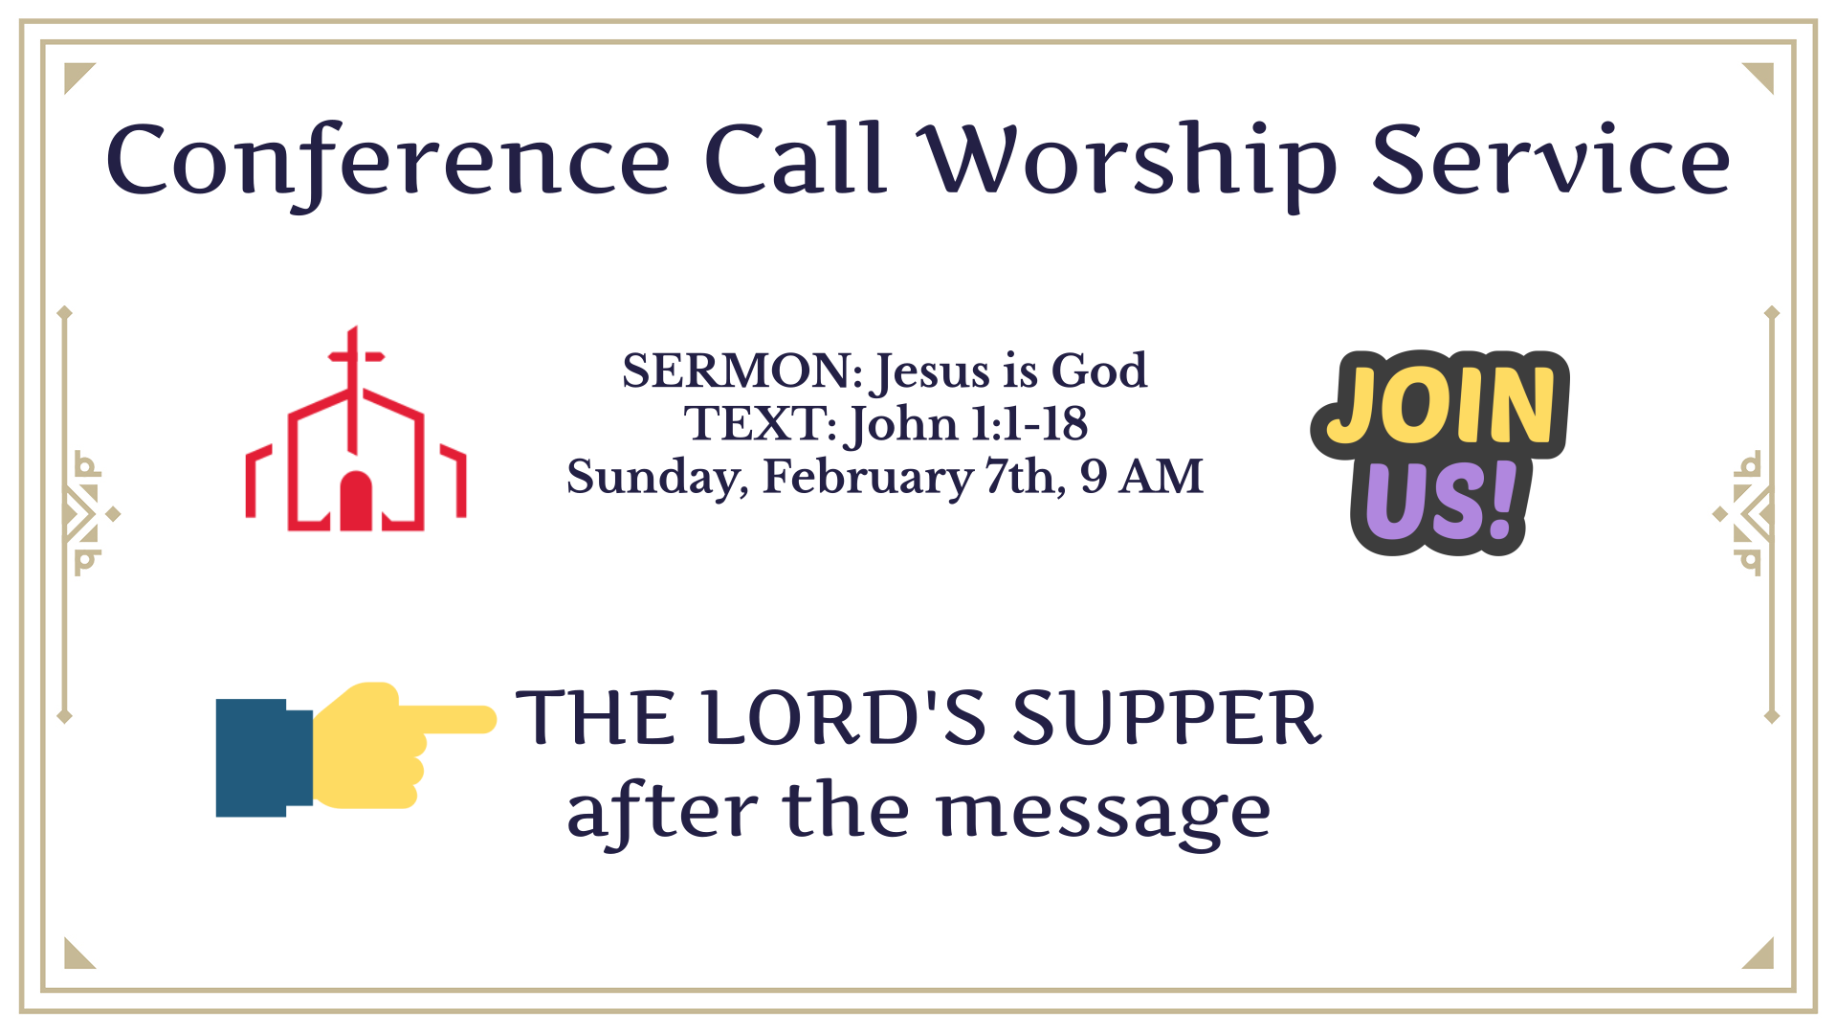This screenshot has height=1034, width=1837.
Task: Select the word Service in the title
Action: [1551, 160]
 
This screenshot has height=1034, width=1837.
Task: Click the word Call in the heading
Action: [794, 159]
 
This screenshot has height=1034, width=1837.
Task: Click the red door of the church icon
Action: [356, 501]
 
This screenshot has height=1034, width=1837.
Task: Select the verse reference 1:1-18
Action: [1029, 423]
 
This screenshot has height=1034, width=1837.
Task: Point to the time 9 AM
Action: [1141, 476]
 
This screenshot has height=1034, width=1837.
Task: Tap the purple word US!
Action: [1441, 501]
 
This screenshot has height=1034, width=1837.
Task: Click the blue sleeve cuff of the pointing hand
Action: [264, 757]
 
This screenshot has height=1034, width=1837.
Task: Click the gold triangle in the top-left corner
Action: [75, 74]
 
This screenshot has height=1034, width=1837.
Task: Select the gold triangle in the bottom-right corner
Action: [1762, 958]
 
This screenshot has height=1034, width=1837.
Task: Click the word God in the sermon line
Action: [1098, 371]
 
